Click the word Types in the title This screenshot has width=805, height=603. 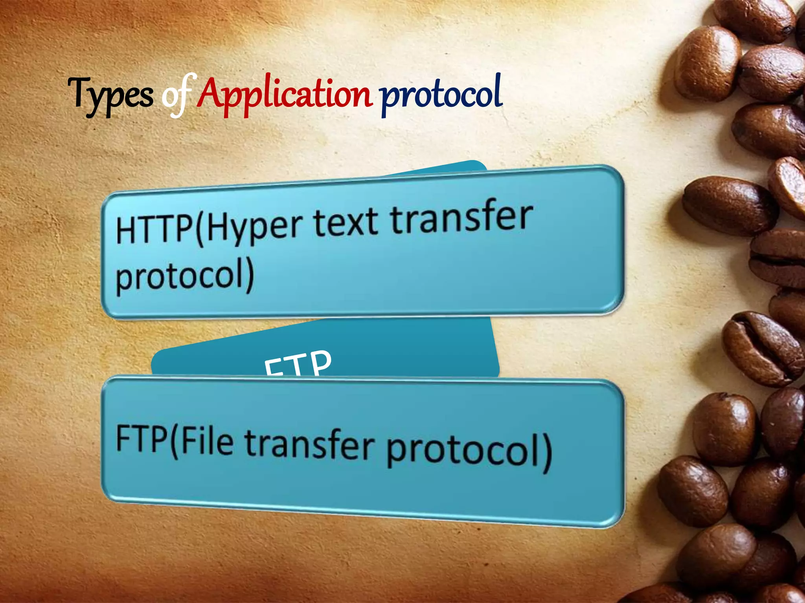tap(111, 95)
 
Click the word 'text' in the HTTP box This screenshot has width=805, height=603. tap(346, 223)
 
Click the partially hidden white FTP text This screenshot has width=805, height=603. tap(298, 363)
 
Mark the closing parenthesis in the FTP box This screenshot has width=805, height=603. tap(547, 453)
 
